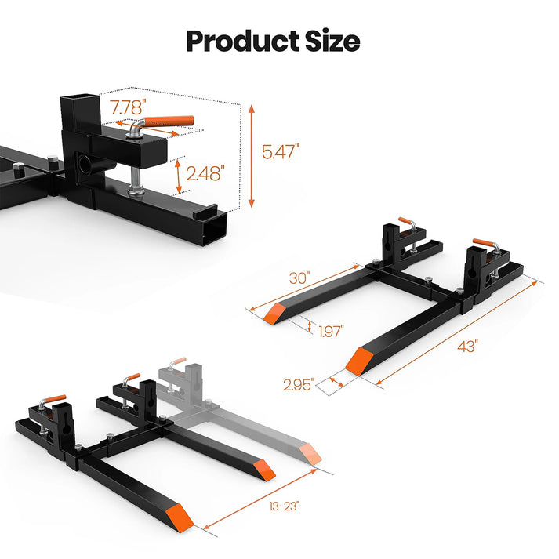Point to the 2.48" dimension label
pyautogui.click(x=206, y=173)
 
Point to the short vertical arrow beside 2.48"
pyautogui.click(x=181, y=175)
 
